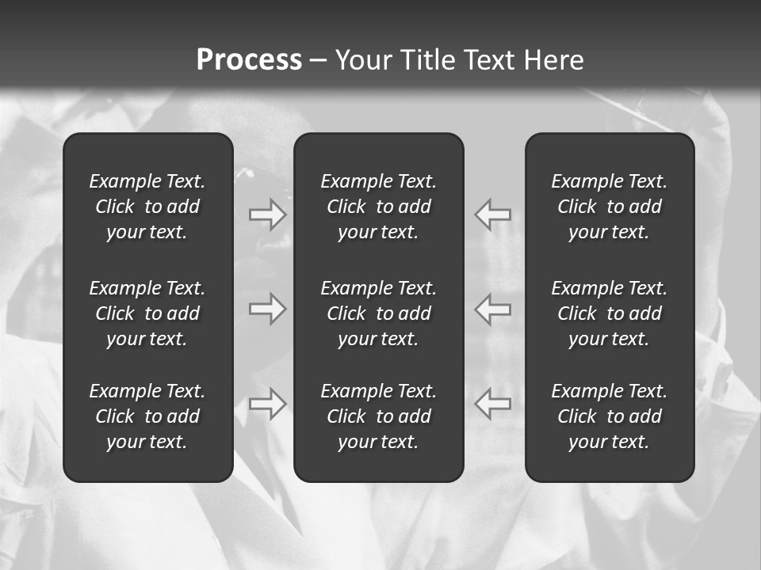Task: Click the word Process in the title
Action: (x=249, y=60)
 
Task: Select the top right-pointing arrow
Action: (x=268, y=215)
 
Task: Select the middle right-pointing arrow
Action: (x=268, y=309)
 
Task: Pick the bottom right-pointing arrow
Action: (x=268, y=404)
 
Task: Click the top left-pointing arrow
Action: (x=492, y=215)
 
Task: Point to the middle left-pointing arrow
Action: (x=492, y=309)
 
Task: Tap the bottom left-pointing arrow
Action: (x=492, y=404)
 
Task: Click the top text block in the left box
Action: (x=147, y=207)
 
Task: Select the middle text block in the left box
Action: (x=147, y=313)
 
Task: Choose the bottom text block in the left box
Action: (x=147, y=416)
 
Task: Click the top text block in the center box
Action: (x=378, y=207)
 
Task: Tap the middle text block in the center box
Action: (x=378, y=313)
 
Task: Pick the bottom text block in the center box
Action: (x=378, y=416)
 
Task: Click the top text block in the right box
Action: (x=609, y=207)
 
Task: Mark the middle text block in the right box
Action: (x=609, y=313)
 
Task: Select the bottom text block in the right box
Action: (x=609, y=416)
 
